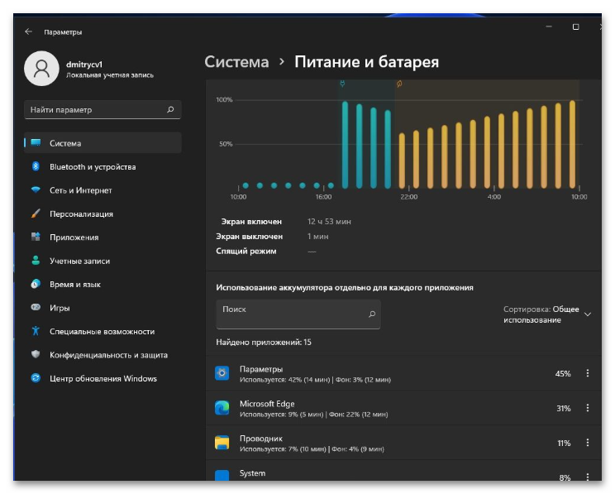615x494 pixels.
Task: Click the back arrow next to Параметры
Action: [x=28, y=31]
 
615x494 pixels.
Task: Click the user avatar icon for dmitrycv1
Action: [x=41, y=69]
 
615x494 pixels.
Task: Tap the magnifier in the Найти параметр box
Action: [x=170, y=109]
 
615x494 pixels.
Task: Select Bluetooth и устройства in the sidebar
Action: [x=93, y=167]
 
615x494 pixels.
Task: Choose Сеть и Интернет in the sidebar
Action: [x=81, y=190]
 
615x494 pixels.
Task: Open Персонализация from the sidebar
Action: [x=81, y=214]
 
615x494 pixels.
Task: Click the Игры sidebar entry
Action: [x=60, y=308]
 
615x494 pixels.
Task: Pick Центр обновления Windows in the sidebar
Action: [x=103, y=378]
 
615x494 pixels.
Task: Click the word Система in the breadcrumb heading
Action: [x=236, y=62]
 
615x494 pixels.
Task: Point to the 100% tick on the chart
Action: [x=224, y=100]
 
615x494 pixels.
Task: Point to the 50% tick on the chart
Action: [x=226, y=144]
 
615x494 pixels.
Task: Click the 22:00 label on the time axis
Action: [x=408, y=197]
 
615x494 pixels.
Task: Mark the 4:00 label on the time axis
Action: [x=493, y=197]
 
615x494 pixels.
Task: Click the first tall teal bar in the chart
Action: [x=346, y=145]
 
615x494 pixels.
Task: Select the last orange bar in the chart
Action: [x=572, y=144]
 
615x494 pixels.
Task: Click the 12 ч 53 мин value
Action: [x=329, y=222]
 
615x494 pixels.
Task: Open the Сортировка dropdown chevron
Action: [x=588, y=314]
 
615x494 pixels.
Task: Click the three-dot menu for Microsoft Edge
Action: [x=588, y=408]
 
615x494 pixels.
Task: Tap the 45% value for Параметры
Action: [x=563, y=374]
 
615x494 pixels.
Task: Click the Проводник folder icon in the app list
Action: [x=222, y=443]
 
